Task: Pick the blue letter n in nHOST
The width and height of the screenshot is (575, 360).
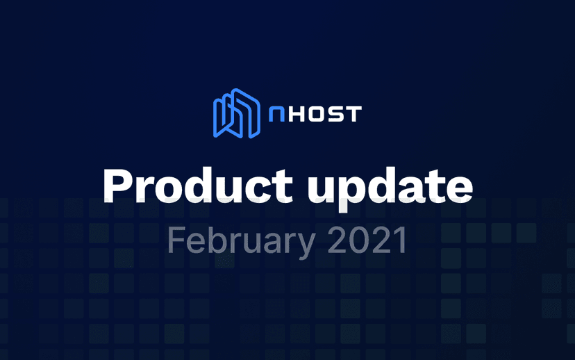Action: point(276,113)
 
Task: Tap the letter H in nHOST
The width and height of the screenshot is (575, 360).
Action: point(297,113)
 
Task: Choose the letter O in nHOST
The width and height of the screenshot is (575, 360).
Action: point(317,113)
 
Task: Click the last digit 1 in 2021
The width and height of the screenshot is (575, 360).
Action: point(399,240)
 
